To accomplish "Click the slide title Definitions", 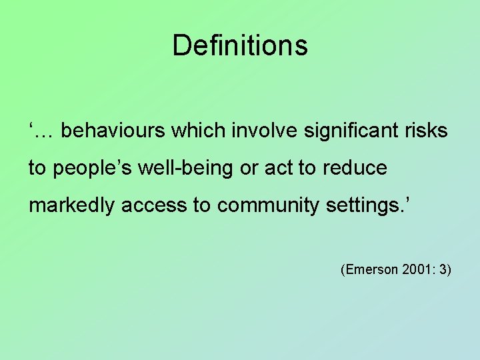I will point(240,46).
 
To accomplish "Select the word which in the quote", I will point(199,130).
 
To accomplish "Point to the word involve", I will point(264,130).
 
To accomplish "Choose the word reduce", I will point(355,168).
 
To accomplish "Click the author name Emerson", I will point(369,270).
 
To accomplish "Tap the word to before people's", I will point(37,168).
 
